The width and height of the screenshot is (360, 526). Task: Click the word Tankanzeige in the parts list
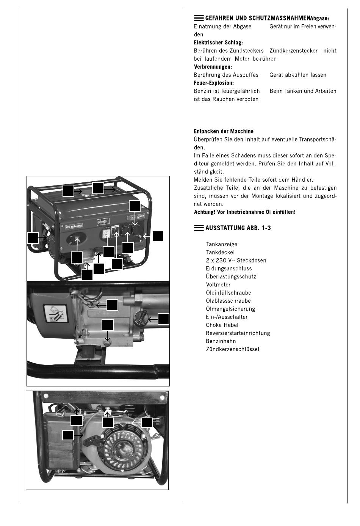pos(221,245)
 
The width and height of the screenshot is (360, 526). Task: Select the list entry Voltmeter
pos(218,285)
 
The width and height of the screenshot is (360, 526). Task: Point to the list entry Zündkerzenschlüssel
pos(232,349)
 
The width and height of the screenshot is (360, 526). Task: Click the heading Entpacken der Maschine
pos(224,132)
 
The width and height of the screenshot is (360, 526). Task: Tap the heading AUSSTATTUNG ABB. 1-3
pos(238,228)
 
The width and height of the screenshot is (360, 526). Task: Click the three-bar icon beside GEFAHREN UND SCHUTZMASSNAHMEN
pos(199,18)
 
